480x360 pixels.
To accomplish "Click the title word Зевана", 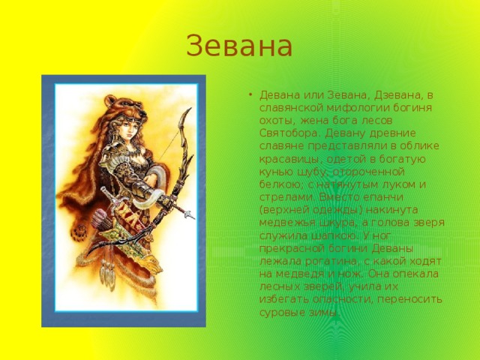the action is tap(239, 46).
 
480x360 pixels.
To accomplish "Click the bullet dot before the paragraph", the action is tap(250, 95).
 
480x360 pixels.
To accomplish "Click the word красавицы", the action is tap(290, 160).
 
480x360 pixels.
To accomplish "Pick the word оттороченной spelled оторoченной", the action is tap(368, 172).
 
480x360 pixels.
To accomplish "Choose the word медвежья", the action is tap(287, 223).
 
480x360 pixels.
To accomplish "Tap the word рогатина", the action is tap(331, 262).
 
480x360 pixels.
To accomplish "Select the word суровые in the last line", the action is tap(283, 313).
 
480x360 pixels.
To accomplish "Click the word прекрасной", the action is tap(292, 248).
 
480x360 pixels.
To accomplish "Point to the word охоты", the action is tap(277, 121).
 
